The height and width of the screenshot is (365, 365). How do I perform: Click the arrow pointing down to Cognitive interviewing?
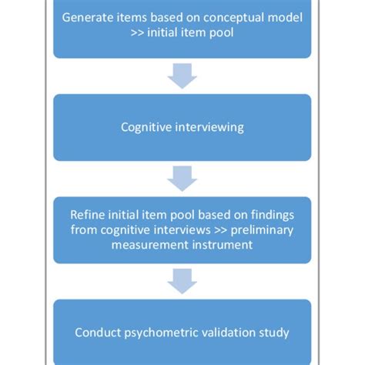pyautogui.click(x=182, y=77)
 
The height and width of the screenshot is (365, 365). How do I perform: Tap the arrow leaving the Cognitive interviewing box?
pyautogui.click(x=182, y=179)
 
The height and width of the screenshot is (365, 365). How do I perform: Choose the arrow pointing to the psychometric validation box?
pyautogui.click(x=182, y=281)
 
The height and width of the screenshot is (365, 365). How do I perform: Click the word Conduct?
pyautogui.click(x=98, y=333)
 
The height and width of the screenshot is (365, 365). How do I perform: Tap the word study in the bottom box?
pyautogui.click(x=276, y=333)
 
